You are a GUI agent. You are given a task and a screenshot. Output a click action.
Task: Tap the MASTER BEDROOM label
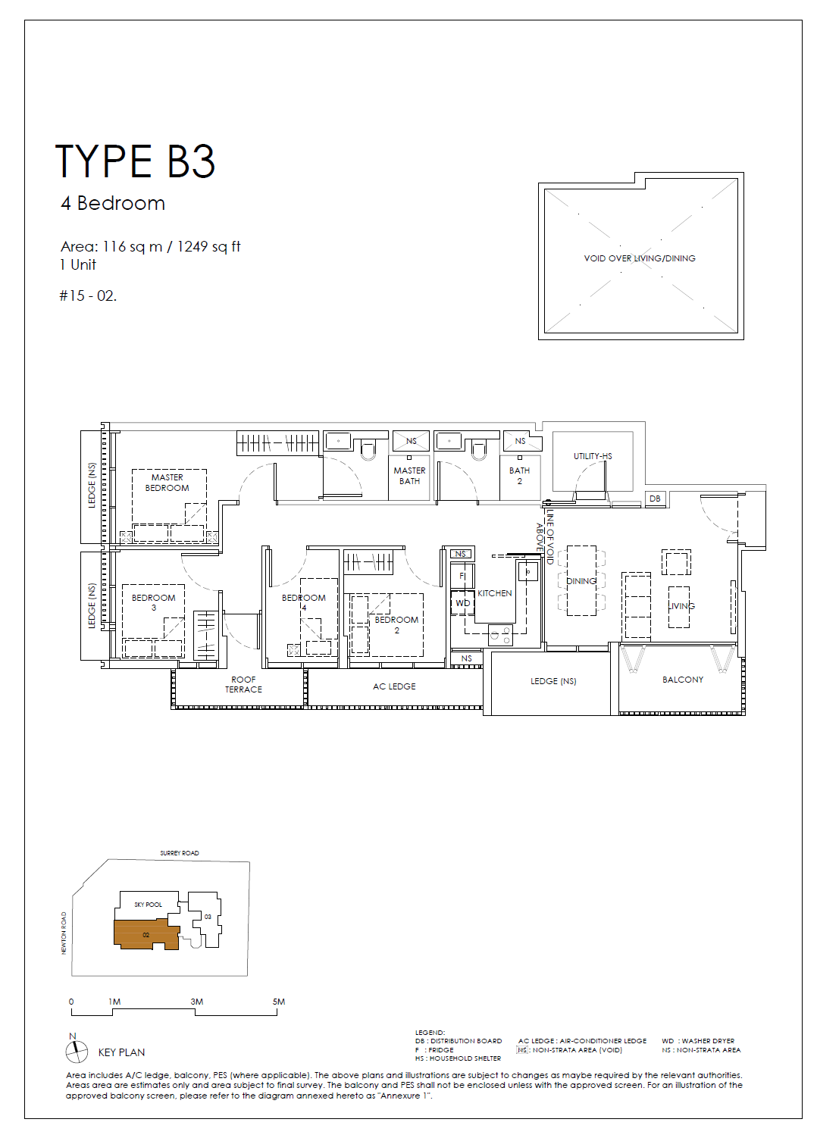pyautogui.click(x=167, y=483)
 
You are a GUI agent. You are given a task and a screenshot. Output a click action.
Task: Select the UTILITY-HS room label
pyautogui.click(x=593, y=456)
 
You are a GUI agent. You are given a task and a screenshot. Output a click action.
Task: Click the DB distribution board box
pyautogui.click(x=655, y=499)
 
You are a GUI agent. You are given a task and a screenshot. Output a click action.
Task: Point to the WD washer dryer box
pyautogui.click(x=463, y=603)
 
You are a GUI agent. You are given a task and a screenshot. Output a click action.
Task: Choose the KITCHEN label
pyautogui.click(x=494, y=593)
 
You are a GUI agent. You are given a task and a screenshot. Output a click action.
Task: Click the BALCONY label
pyautogui.click(x=682, y=680)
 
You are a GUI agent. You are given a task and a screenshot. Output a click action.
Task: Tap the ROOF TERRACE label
pyautogui.click(x=243, y=684)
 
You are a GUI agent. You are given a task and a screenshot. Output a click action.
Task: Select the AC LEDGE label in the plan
pyautogui.click(x=394, y=686)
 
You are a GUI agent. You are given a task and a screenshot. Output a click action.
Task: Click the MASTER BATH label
pyautogui.click(x=410, y=476)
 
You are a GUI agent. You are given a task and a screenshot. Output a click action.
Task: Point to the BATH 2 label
pyautogui.click(x=519, y=476)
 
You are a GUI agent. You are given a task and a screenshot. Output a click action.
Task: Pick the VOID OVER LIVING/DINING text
pyautogui.click(x=640, y=258)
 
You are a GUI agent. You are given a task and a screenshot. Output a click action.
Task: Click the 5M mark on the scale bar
pyautogui.click(x=278, y=1002)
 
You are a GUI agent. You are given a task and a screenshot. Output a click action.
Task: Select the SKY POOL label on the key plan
pyautogui.click(x=148, y=905)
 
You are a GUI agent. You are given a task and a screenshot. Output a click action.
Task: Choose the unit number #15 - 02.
pyautogui.click(x=88, y=295)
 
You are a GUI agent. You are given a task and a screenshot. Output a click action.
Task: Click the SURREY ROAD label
pyautogui.click(x=180, y=852)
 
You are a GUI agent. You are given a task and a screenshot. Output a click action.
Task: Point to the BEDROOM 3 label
pyautogui.click(x=153, y=602)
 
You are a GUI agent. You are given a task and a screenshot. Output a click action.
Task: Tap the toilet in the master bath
pyautogui.click(x=368, y=449)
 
